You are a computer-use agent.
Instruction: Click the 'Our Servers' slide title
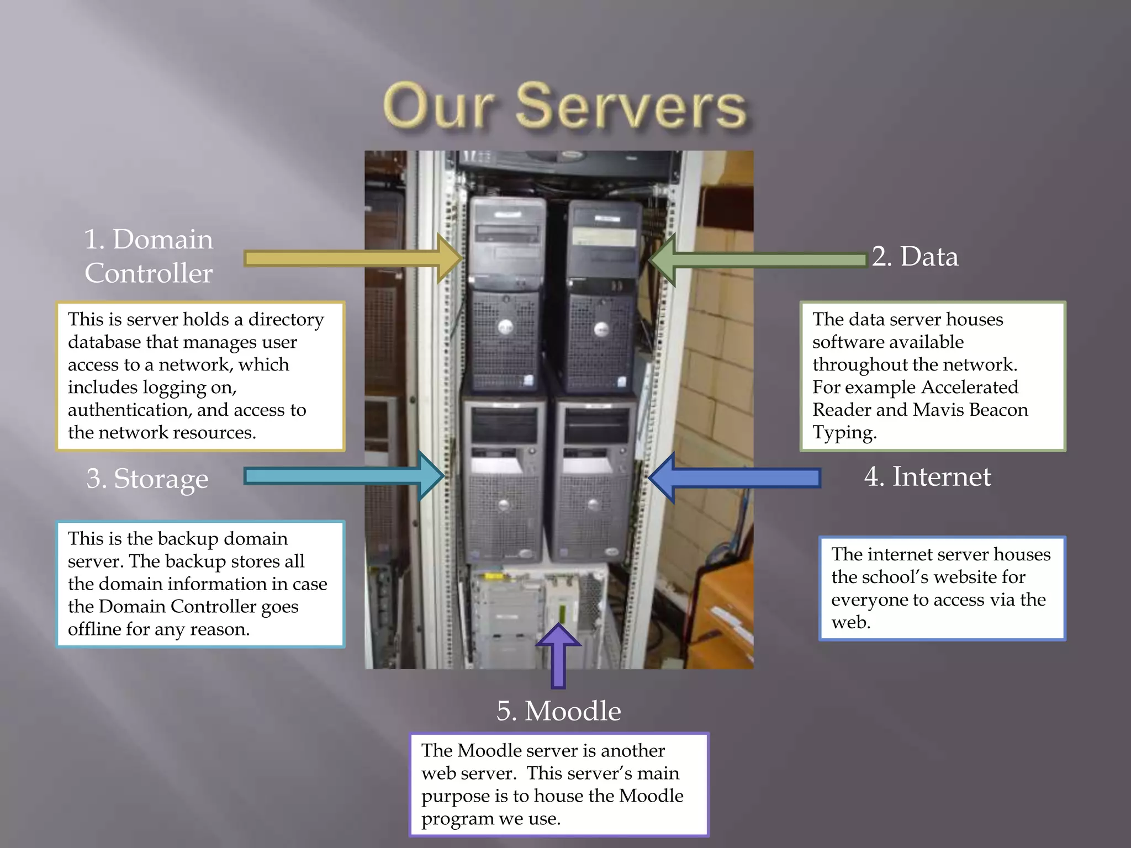point(564,106)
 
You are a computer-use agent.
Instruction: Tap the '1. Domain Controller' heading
point(149,256)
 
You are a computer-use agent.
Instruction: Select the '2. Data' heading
point(915,257)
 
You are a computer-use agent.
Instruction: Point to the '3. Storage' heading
point(147,479)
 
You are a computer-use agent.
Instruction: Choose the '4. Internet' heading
point(928,476)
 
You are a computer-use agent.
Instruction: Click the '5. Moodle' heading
point(558,711)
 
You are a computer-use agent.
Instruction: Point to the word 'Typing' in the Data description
point(844,433)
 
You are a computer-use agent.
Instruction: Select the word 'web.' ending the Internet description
point(851,623)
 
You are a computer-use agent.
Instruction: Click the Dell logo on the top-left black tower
point(505,327)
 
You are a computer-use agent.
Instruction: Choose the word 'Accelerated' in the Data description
point(970,387)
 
